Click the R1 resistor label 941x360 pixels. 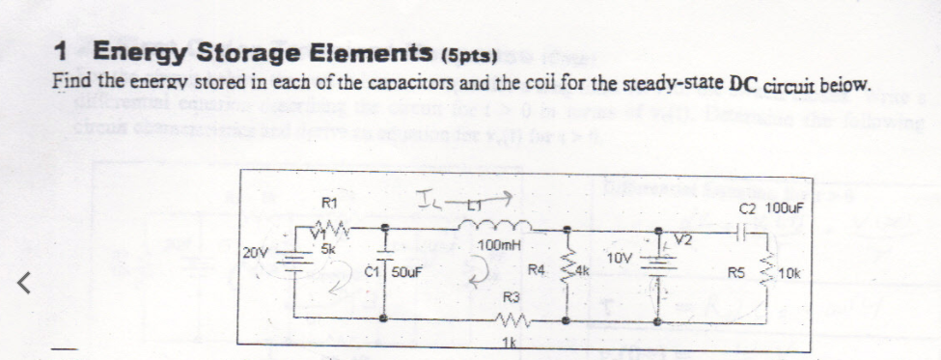coord(329,204)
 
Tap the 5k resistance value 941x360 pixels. coord(329,246)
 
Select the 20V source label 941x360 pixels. coord(255,252)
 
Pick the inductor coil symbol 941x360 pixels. coord(494,228)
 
